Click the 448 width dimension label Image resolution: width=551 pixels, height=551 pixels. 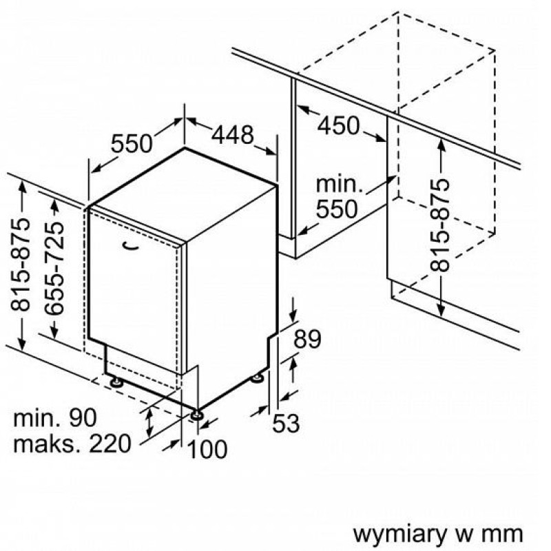click(232, 135)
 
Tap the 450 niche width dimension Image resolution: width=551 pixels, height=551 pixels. click(339, 125)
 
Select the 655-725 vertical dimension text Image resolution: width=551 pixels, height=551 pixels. click(55, 268)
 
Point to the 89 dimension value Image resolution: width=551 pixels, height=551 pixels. click(307, 338)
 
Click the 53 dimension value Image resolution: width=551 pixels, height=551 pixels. click(286, 423)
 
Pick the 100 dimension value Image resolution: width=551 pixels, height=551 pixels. click(207, 449)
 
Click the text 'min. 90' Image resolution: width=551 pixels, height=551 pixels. click(54, 417)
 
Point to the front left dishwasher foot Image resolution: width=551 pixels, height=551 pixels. click(116, 382)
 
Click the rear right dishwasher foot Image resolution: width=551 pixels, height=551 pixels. click(257, 378)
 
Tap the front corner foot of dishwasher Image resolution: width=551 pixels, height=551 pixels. click(196, 415)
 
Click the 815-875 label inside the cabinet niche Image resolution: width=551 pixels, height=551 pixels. click(439, 225)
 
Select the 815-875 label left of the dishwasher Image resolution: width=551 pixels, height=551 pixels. click(20, 264)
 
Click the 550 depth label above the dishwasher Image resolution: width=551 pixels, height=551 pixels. click(132, 143)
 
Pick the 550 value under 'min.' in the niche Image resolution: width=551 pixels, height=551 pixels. click(337, 209)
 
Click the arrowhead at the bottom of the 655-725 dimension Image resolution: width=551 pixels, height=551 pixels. click(54, 331)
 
